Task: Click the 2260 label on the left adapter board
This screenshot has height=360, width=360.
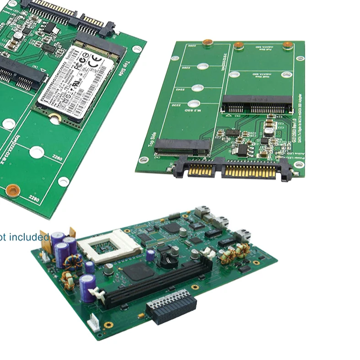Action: click(x=57, y=158)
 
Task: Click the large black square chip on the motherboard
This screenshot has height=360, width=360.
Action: click(x=137, y=272)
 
